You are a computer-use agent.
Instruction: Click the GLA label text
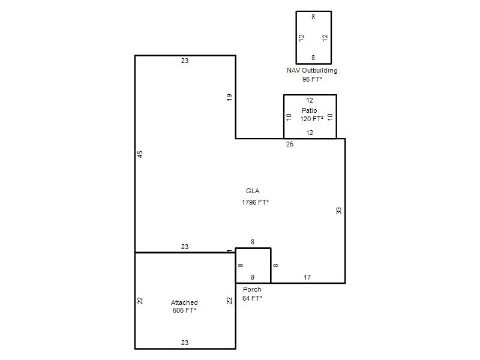pyautogui.click(x=253, y=191)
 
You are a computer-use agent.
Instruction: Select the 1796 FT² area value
pyautogui.click(x=256, y=202)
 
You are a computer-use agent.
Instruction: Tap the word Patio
pyautogui.click(x=309, y=110)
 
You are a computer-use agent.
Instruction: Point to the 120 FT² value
pyautogui.click(x=311, y=119)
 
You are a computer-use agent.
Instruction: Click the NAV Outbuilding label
pyautogui.click(x=312, y=70)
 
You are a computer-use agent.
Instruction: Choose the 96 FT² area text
pyautogui.click(x=312, y=79)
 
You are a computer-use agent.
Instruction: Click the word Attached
pyautogui.click(x=184, y=302)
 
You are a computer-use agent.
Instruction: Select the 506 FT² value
pyautogui.click(x=184, y=310)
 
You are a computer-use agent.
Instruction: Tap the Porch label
pyautogui.click(x=252, y=289)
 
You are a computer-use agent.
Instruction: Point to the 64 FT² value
pyautogui.click(x=252, y=298)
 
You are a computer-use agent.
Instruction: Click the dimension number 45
pyautogui.click(x=140, y=154)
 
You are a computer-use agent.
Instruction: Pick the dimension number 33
pyautogui.click(x=338, y=211)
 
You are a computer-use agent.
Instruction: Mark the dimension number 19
pyautogui.click(x=229, y=97)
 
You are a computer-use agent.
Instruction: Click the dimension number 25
pyautogui.click(x=290, y=144)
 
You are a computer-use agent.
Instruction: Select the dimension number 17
pyautogui.click(x=307, y=277)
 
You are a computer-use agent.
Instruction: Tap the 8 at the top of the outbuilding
pyautogui.click(x=313, y=17)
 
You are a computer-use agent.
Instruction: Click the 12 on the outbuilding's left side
pyautogui.click(x=301, y=38)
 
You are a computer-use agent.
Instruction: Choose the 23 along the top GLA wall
pyautogui.click(x=185, y=61)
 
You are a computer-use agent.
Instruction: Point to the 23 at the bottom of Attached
pyautogui.click(x=185, y=343)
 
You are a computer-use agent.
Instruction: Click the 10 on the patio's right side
pyautogui.click(x=329, y=117)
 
